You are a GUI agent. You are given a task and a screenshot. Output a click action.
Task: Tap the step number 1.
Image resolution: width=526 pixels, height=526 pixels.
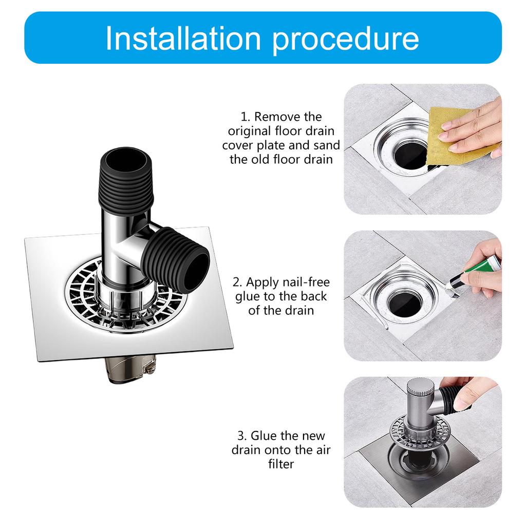(244, 117)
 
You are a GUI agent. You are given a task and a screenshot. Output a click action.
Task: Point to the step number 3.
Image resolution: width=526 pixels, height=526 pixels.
(241, 436)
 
